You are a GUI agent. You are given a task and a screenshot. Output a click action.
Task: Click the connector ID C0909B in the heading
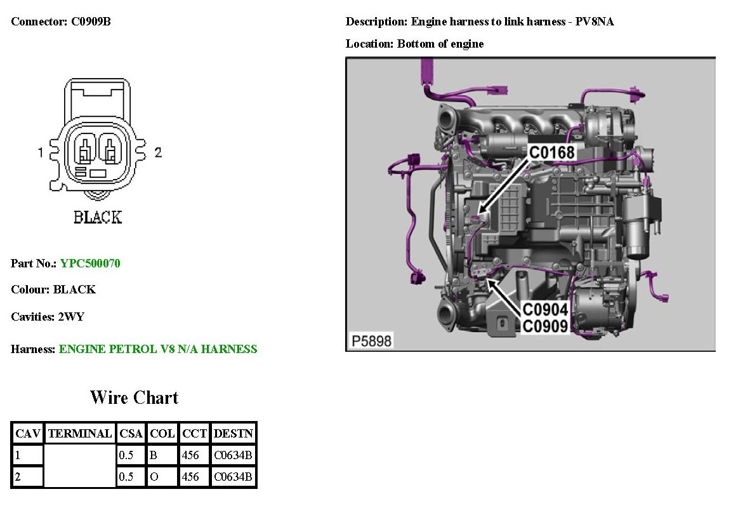[91, 22]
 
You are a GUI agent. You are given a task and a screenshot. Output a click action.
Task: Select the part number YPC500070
[90, 263]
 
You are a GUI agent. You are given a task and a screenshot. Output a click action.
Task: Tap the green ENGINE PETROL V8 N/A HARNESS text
[158, 349]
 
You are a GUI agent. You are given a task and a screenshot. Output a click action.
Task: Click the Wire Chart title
[135, 398]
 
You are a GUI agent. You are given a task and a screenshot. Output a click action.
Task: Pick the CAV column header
[28, 434]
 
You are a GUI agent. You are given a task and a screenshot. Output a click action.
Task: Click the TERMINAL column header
[80, 434]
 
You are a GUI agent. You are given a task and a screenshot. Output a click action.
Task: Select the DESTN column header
[234, 434]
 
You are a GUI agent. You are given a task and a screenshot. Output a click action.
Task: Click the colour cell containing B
[154, 455]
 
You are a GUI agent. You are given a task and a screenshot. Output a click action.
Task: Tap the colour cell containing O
[154, 477]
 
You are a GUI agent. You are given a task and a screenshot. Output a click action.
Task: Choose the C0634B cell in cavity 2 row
[234, 477]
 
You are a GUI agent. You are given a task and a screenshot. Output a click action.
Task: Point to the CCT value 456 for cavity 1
[190, 455]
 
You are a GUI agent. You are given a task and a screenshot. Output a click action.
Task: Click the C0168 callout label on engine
[551, 152]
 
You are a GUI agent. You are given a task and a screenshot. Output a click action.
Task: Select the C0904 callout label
[545, 311]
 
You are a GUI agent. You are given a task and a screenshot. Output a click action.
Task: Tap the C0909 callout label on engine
[545, 326]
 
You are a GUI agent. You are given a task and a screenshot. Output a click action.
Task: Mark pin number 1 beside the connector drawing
[41, 152]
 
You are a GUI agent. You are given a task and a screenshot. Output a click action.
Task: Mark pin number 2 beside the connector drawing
[158, 152]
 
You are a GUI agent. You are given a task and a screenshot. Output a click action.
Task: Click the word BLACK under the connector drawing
[97, 217]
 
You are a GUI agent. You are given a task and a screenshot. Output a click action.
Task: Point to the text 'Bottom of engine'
[440, 44]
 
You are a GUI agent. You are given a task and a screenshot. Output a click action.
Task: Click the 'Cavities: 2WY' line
[48, 317]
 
